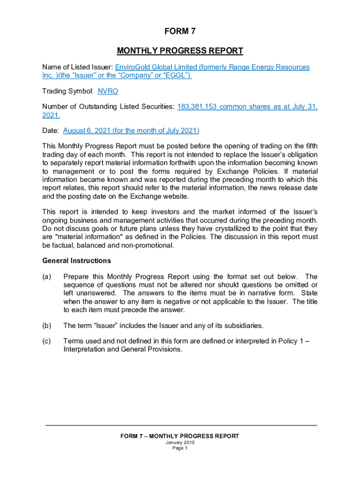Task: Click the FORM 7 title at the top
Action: (180, 32)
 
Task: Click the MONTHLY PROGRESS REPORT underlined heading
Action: (180, 51)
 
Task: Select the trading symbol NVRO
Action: (108, 92)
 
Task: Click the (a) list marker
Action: (46, 277)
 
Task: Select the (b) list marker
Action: (46, 325)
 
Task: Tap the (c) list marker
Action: (46, 341)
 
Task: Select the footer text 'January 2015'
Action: (180, 443)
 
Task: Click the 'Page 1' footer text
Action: (180, 448)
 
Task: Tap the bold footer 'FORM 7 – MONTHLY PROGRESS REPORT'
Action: (180, 436)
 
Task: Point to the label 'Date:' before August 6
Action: (50, 131)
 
